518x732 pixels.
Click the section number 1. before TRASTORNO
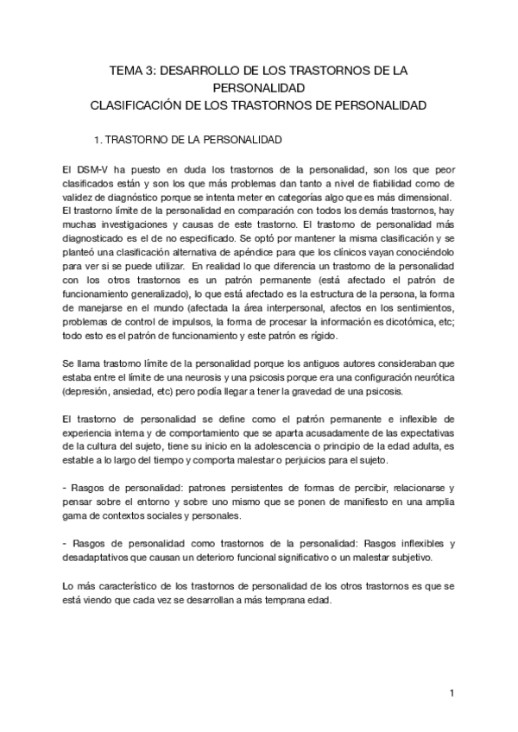click(x=99, y=138)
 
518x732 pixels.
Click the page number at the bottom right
click(x=452, y=692)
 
